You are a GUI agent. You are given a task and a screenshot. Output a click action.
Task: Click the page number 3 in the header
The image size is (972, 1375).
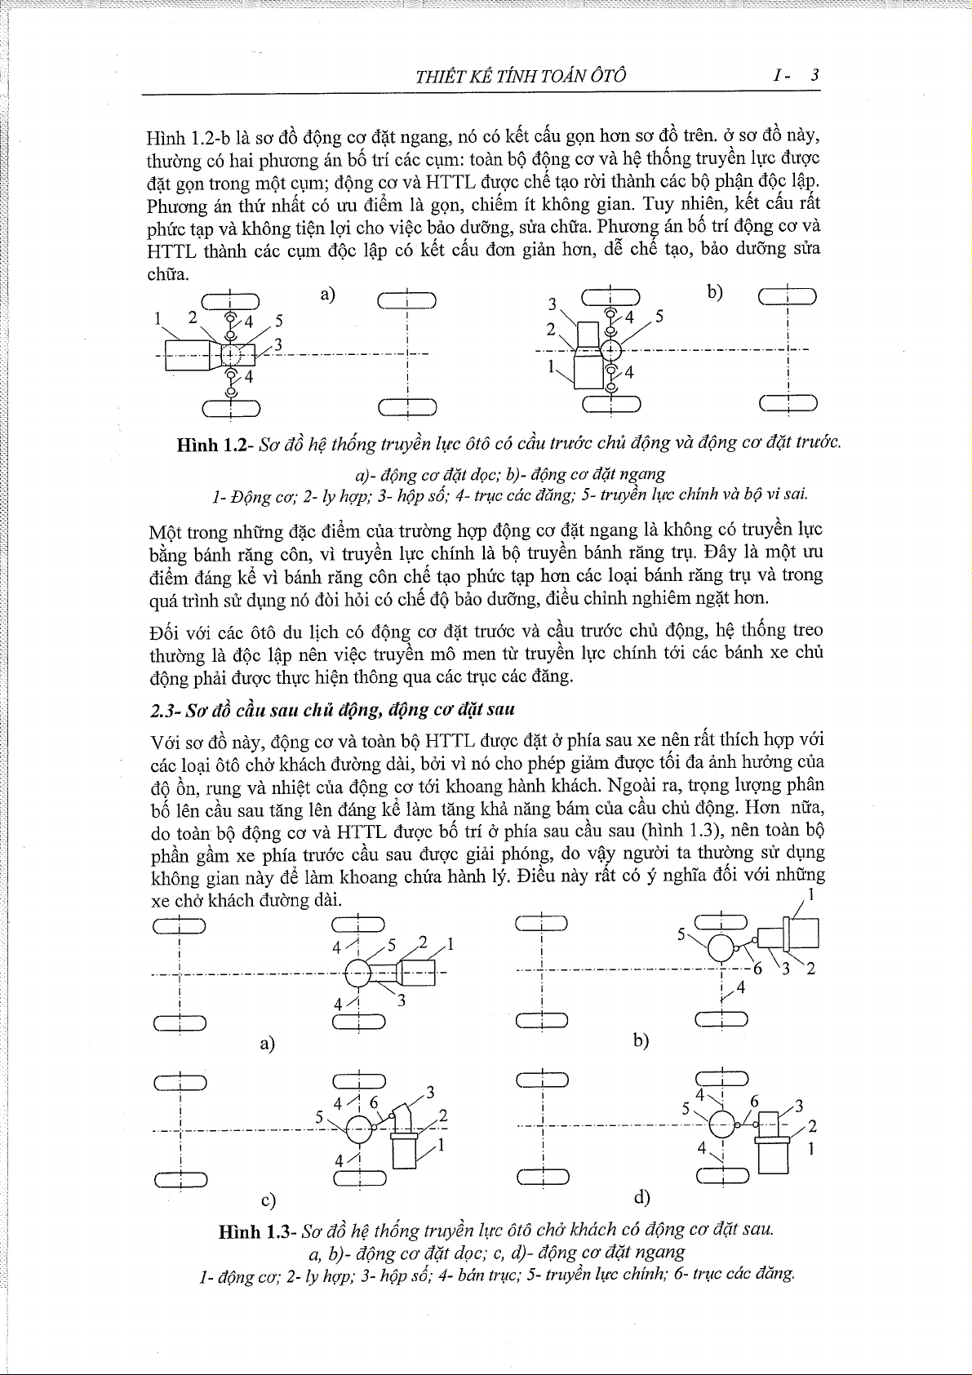pos(814,76)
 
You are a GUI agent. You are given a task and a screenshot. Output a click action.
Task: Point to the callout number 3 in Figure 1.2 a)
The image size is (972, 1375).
pos(277,344)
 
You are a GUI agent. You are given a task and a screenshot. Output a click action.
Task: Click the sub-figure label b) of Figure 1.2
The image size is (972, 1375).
pos(715,291)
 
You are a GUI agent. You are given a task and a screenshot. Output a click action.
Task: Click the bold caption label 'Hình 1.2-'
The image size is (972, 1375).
pos(215,445)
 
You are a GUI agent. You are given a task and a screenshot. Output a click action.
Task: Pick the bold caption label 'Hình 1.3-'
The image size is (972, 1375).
pos(256,1232)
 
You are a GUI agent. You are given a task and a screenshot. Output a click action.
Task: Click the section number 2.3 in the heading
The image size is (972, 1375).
pos(166,710)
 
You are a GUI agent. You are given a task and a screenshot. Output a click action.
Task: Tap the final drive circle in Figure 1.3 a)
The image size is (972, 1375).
pos(359,973)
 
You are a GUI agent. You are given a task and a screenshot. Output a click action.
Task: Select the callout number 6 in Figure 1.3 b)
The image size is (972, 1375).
pos(757,969)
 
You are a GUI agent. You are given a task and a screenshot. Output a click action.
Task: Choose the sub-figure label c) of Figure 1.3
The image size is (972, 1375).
pos(268,1200)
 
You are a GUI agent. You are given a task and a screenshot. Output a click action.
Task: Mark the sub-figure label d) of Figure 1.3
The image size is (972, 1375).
pos(641,1196)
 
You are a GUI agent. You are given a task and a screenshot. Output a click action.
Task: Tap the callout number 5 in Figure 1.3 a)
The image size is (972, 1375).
pos(391,946)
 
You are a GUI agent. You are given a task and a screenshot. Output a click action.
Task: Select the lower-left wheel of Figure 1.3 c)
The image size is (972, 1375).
pos(180,1178)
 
